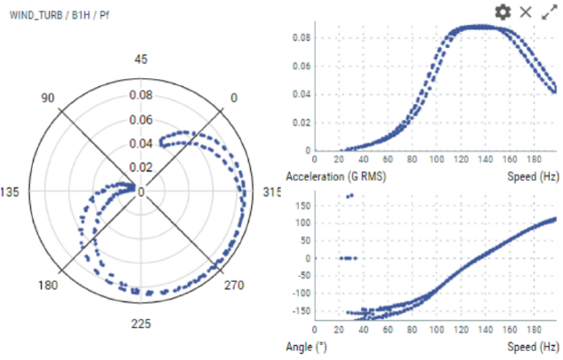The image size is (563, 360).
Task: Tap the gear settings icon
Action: (x=503, y=12)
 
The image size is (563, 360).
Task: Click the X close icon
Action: (x=526, y=12)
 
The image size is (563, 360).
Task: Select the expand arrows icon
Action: (x=550, y=12)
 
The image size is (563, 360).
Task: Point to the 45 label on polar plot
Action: (x=141, y=59)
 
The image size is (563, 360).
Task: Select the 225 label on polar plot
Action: (x=141, y=323)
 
